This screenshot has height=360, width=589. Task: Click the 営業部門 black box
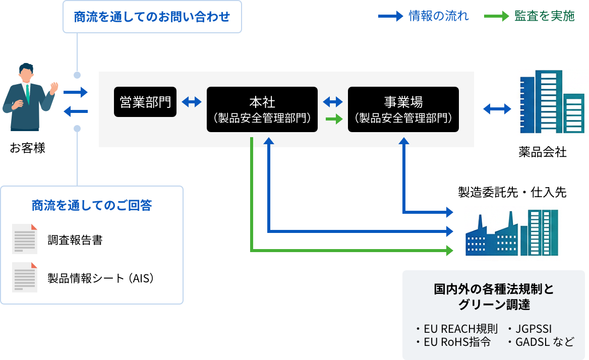pos(145,102)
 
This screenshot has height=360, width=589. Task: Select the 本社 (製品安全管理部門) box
pos(262,109)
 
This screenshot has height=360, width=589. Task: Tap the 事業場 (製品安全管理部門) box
pos(403,109)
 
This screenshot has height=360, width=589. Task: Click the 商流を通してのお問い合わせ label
pos(152,17)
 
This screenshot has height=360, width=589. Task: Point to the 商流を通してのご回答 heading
pos(92,206)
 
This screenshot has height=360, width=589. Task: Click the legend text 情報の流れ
pos(439,16)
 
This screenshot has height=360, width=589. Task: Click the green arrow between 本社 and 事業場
pos(332,119)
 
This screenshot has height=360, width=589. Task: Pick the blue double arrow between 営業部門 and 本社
pos(192,102)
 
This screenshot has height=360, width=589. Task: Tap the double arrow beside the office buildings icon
pos(497,108)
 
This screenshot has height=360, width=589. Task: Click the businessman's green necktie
pos(28,93)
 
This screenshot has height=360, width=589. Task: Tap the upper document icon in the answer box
pos(25,239)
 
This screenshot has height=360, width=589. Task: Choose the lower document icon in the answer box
pos(25,277)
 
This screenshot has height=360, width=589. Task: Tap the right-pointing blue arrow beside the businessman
pos(76,92)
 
